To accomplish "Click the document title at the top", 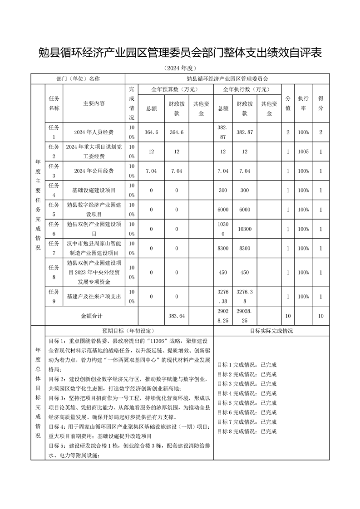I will click(x=180, y=53).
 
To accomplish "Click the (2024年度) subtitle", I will click(x=180, y=69).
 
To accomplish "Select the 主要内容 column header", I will click(x=94, y=103).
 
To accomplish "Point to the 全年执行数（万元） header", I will click(x=247, y=89).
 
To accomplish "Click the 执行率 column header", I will click(x=303, y=103).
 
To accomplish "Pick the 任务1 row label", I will click(x=54, y=132).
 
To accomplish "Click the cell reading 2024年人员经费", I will click(x=94, y=132).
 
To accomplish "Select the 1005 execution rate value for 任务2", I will click(x=303, y=152).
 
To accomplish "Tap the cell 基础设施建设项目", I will click(x=94, y=191).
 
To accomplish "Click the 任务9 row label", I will click(x=54, y=296).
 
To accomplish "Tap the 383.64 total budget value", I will click(x=176, y=315).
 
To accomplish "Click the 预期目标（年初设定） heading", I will click(x=129, y=331).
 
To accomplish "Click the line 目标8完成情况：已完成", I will click(x=247, y=431).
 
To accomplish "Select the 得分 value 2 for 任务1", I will click(x=321, y=132).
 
